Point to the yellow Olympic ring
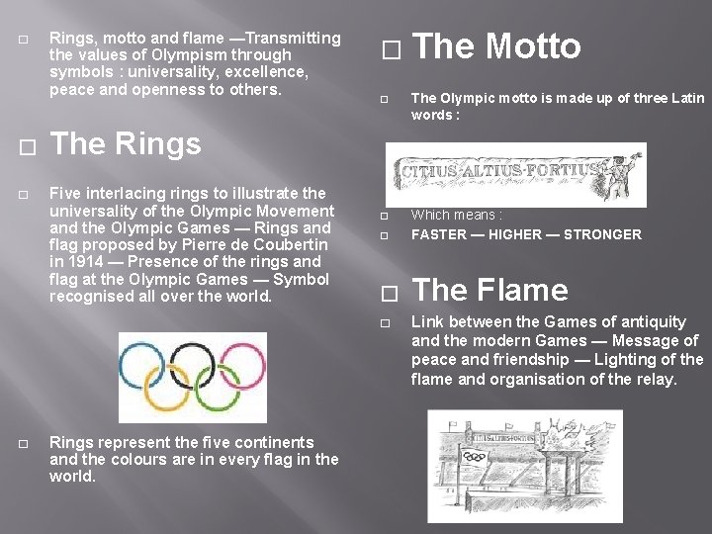pyautogui.click(x=168, y=380)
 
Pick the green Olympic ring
pyautogui.click(x=219, y=380)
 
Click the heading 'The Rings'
pyautogui.click(x=126, y=144)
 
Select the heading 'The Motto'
pyautogui.click(x=496, y=46)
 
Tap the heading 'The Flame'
pyautogui.click(x=489, y=290)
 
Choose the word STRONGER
pyautogui.click(x=602, y=234)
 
